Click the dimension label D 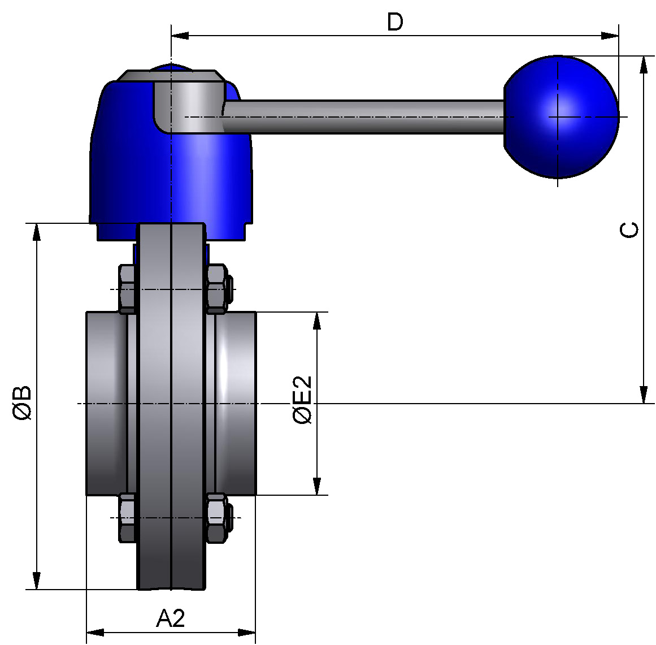click(x=395, y=22)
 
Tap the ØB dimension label click(x=22, y=403)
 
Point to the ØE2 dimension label click(x=302, y=400)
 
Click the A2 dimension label click(x=170, y=618)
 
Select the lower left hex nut click(x=127, y=517)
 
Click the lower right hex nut click(x=216, y=517)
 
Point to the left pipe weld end click(x=106, y=403)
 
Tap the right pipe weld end click(x=236, y=403)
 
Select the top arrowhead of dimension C click(x=643, y=64)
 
